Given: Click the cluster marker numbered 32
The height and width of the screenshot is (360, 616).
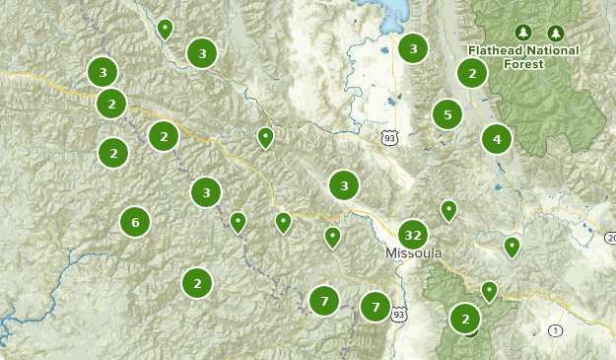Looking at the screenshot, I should click(x=413, y=235).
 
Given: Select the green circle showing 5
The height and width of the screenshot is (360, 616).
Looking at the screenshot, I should click(x=447, y=114).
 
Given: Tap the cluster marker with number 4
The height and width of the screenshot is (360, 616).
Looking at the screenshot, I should click(x=497, y=139).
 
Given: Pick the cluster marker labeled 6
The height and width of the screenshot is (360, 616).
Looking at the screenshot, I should click(x=136, y=222).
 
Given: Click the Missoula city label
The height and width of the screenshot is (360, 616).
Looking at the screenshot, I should click(x=413, y=253).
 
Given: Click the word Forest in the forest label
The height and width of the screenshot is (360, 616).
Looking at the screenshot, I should click(x=524, y=64).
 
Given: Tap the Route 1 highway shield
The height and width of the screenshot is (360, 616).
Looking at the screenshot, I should click(x=556, y=329).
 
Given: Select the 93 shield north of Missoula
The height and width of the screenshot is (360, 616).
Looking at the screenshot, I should click(x=390, y=139).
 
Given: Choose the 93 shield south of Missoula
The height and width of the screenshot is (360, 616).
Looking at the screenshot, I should click(x=397, y=315).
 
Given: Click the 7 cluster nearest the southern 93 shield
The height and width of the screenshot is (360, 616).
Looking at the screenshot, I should click(x=376, y=308).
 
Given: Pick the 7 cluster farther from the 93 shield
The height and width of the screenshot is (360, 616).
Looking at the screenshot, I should click(x=323, y=301).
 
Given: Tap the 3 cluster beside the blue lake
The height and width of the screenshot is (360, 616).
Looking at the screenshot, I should click(x=413, y=47).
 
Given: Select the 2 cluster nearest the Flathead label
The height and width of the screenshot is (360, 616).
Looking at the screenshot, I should click(x=472, y=72).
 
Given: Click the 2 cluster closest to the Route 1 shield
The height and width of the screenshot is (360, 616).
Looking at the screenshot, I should click(x=465, y=319).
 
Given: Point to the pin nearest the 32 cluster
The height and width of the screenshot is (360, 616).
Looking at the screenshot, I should click(x=448, y=210).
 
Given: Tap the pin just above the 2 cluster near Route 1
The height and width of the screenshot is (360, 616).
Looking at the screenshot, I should click(x=489, y=290).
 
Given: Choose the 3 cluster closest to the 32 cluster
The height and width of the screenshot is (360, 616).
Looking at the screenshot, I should click(x=344, y=184).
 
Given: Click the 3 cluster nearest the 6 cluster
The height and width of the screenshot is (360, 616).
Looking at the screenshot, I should click(x=206, y=192).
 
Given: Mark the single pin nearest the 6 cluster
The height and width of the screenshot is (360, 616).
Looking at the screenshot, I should click(x=238, y=222).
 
